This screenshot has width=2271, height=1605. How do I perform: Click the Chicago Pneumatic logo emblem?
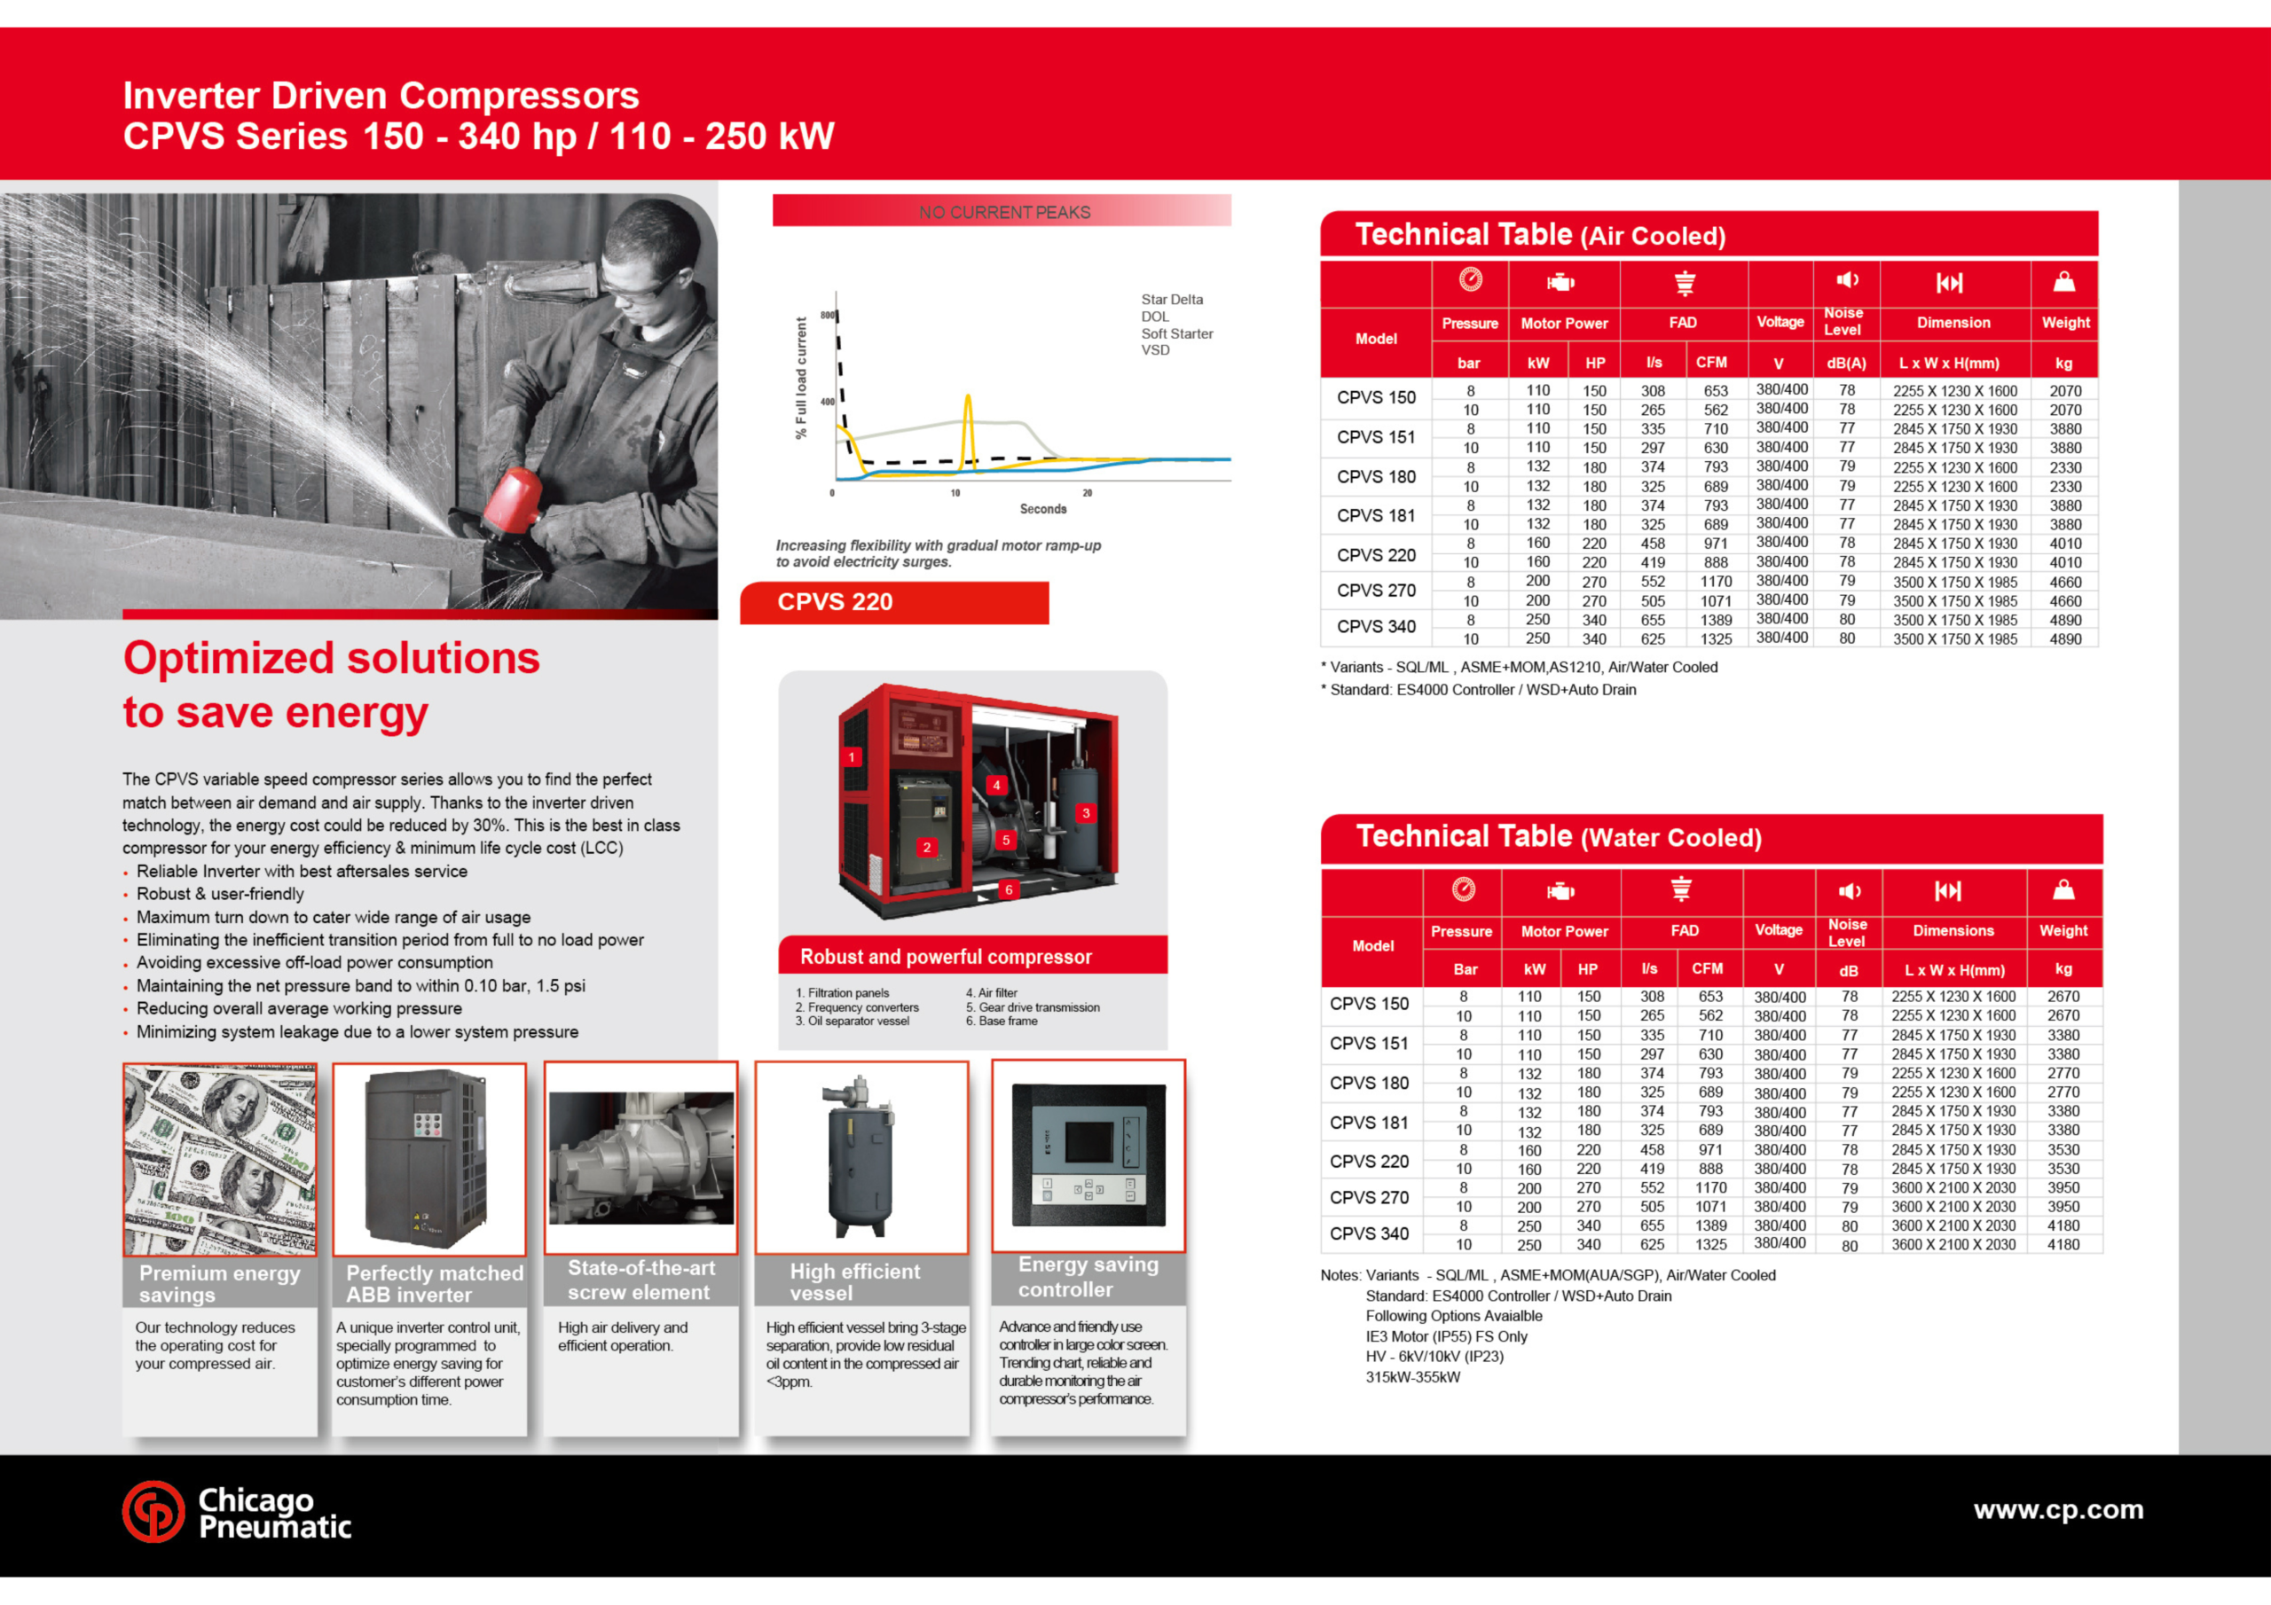(x=153, y=1511)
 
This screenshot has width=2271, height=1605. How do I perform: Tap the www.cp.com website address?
(x=2057, y=1510)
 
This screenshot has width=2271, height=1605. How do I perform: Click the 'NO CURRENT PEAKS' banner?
(x=1003, y=212)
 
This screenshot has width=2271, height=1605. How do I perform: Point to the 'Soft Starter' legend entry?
(x=1176, y=333)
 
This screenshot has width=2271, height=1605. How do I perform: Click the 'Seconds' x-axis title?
(x=1042, y=509)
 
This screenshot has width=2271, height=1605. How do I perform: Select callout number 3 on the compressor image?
(x=1085, y=813)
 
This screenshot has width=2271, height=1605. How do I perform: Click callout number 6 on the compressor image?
(x=1008, y=889)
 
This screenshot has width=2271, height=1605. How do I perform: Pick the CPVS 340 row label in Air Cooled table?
(x=1376, y=627)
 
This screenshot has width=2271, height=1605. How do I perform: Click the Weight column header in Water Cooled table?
(x=2063, y=930)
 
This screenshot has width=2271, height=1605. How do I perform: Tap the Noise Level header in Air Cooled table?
(x=1843, y=321)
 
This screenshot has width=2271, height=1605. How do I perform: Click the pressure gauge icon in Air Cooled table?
(x=1470, y=281)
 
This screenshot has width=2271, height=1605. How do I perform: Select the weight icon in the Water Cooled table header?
(x=2063, y=890)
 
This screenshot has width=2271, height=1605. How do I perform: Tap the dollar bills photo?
(x=220, y=1160)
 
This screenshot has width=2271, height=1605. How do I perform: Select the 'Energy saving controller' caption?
(x=1087, y=1277)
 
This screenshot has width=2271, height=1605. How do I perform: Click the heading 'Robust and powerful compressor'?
(x=946, y=956)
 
